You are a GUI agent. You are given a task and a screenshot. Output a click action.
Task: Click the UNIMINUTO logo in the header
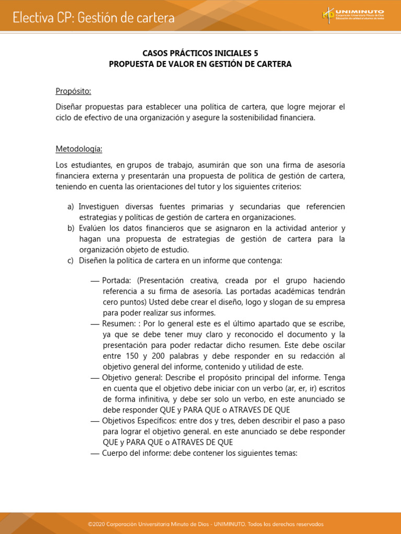tap(353, 15)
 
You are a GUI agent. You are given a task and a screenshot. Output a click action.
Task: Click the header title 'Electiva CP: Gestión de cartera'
tap(94, 18)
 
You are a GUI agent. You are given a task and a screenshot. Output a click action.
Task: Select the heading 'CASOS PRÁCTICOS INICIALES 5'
tap(200, 53)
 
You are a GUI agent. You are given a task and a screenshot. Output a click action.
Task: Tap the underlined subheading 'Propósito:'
tap(73, 91)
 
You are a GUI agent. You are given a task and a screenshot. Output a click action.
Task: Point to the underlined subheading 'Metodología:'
tap(79, 149)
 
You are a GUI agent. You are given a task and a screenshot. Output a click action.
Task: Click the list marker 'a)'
tap(71, 207)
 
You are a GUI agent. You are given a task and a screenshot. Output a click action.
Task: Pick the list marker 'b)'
tap(71, 228)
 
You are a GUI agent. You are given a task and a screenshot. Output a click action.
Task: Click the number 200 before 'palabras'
tap(158, 356)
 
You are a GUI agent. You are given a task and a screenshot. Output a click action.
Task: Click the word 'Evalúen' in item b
tap(93, 228)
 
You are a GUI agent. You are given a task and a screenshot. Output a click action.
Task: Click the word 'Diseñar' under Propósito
tap(69, 107)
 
